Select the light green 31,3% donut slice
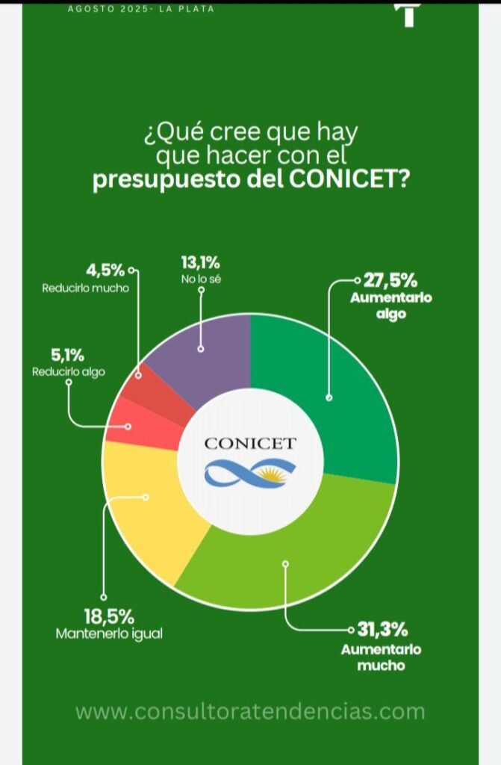pyautogui.click(x=291, y=553)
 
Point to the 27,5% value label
pyautogui.click(x=390, y=282)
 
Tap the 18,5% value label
pyautogui.click(x=109, y=617)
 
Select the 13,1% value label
pyautogui.click(x=200, y=263)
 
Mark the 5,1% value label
pyautogui.click(x=68, y=356)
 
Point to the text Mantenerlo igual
pyautogui.click(x=109, y=634)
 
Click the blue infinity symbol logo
pyautogui.click(x=250, y=472)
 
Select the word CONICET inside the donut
pyautogui.click(x=250, y=443)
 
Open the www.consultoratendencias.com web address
pyautogui.click(x=250, y=710)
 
